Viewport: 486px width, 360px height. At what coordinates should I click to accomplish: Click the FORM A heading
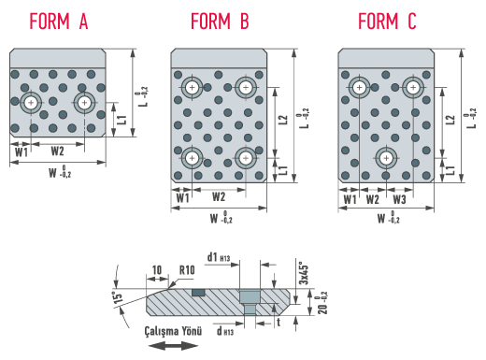tap(59, 22)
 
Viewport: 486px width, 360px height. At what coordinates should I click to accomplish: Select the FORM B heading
tap(220, 22)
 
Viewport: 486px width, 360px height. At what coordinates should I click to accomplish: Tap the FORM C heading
tap(387, 22)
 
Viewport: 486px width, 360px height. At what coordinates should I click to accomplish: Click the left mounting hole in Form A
tap(31, 102)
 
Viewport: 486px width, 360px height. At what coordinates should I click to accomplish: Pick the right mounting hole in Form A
tap(84, 102)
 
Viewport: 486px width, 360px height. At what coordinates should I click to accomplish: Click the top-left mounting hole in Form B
tap(192, 88)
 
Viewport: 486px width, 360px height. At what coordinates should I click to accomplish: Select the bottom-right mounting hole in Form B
tap(246, 158)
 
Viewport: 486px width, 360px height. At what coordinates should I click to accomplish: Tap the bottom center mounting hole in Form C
tap(386, 158)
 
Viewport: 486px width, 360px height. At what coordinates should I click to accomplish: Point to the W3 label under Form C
tap(399, 199)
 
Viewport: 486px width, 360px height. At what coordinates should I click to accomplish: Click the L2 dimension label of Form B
tap(282, 120)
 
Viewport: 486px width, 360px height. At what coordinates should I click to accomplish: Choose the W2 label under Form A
tap(57, 151)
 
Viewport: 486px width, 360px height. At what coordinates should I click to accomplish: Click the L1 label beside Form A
tap(122, 120)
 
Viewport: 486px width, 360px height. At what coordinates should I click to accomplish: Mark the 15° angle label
tap(119, 298)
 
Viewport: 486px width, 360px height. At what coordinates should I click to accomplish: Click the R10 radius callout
tap(187, 270)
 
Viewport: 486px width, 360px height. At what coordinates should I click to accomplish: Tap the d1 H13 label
tap(219, 257)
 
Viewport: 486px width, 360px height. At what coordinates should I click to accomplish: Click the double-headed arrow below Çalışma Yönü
tap(173, 345)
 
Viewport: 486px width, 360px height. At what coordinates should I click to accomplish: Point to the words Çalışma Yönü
tap(173, 331)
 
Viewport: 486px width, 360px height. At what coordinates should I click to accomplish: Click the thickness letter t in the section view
tap(279, 323)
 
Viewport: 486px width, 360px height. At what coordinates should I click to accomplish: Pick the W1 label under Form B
tap(182, 198)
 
